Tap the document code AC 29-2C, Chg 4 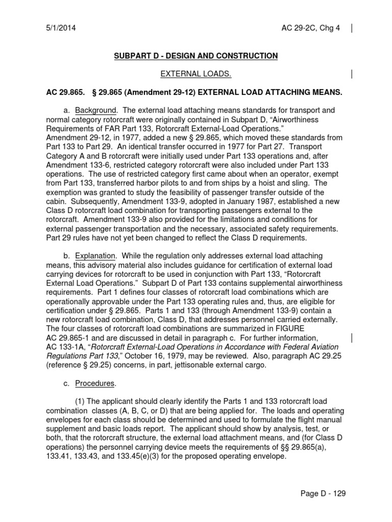point(317,28)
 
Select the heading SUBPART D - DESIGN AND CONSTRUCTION point(196,56)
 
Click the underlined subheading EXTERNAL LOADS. point(196,74)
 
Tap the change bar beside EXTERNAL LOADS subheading point(352,74)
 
